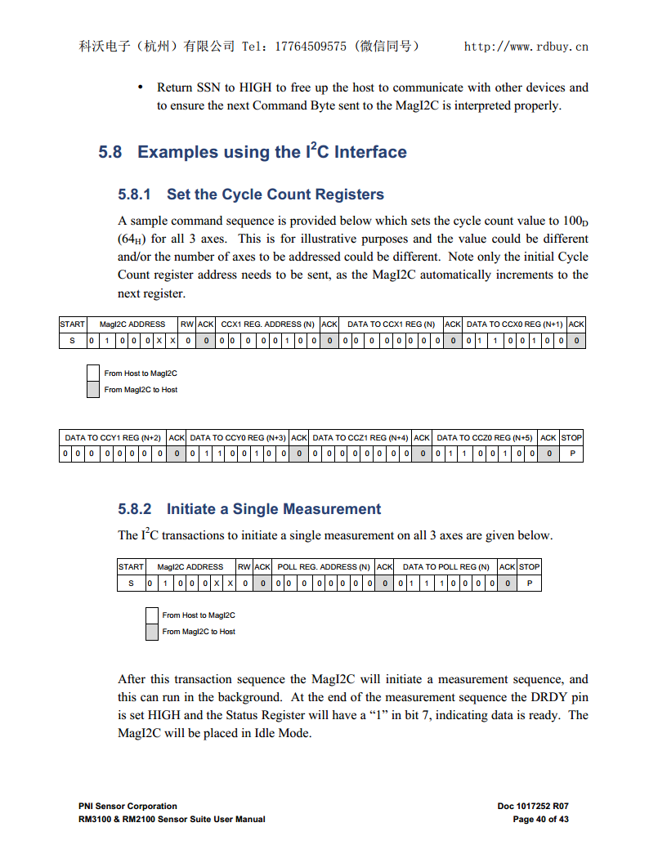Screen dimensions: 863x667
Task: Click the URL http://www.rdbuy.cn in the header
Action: point(526,47)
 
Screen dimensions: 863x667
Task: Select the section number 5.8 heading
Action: point(110,152)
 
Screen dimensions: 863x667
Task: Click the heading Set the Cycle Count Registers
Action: point(275,195)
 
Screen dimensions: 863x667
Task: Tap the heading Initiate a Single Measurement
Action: point(273,509)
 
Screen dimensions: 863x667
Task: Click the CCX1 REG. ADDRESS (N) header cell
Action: point(267,324)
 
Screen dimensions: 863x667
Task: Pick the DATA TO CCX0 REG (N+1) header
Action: point(514,324)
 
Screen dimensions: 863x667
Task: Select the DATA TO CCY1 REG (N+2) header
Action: point(112,438)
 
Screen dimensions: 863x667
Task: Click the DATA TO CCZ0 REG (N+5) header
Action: point(484,438)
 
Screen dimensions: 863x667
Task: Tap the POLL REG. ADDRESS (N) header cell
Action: point(324,567)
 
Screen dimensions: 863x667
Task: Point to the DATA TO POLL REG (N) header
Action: point(445,567)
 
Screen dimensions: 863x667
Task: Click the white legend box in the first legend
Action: point(93,373)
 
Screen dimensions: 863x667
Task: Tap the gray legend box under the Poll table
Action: point(151,632)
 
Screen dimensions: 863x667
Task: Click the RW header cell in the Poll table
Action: point(244,567)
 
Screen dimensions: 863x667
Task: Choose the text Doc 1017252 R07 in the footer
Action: point(532,807)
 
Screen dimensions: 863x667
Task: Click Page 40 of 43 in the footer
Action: point(540,819)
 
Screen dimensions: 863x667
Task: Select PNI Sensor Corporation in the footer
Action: point(128,807)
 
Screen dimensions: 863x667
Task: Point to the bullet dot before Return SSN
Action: point(141,87)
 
